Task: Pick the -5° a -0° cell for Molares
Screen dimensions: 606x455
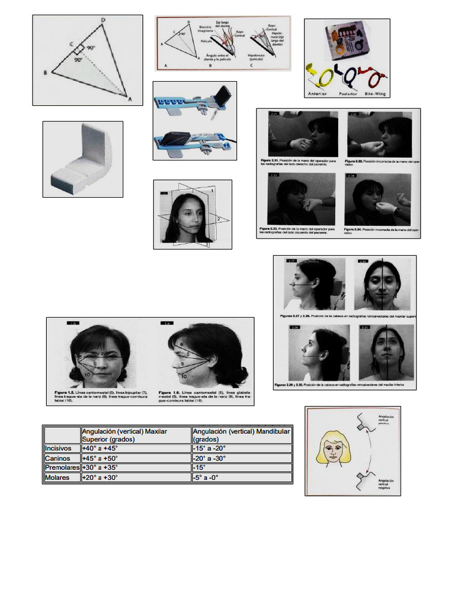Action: coord(206,477)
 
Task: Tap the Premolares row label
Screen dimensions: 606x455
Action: coord(62,468)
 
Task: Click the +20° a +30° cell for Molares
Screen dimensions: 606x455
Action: coord(100,477)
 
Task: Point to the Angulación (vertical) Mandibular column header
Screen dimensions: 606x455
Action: coord(241,435)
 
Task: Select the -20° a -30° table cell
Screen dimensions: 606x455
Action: coord(209,458)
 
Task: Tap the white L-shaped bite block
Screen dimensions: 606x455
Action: coord(82,159)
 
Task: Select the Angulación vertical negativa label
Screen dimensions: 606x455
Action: coord(383,483)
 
